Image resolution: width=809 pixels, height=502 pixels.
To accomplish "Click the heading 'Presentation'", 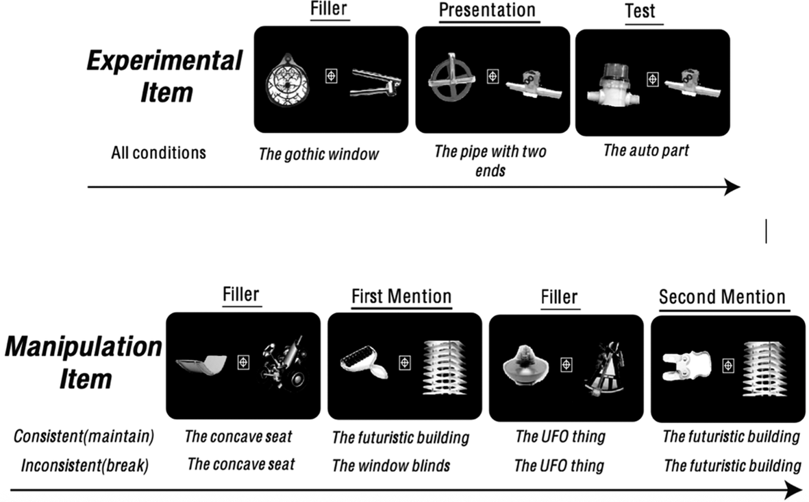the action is (x=487, y=10).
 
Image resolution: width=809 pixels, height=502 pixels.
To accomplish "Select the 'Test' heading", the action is (x=640, y=11).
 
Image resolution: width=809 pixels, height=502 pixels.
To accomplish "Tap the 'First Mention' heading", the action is (x=401, y=296).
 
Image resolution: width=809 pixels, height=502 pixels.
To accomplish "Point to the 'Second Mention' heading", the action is (x=722, y=297).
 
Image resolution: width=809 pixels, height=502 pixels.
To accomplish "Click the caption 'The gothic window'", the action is (x=319, y=154).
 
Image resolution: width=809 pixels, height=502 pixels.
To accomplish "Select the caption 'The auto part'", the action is (x=646, y=150).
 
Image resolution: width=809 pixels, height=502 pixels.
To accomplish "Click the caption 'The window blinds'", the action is (x=391, y=466).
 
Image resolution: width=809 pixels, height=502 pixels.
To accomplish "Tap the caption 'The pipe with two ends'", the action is (x=490, y=160).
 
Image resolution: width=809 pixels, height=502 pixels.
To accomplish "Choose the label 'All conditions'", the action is (x=158, y=153).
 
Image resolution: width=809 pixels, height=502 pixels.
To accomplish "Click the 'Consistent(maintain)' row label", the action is (x=84, y=436).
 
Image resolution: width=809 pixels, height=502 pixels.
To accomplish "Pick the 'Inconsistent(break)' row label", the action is (x=85, y=466).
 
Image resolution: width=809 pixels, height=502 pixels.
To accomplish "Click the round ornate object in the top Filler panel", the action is (x=288, y=80).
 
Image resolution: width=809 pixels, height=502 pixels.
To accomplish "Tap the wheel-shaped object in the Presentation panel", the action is (x=451, y=77).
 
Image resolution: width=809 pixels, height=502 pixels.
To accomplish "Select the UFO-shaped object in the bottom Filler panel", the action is (x=524, y=365).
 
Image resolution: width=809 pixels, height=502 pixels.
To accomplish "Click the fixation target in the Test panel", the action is (x=653, y=80).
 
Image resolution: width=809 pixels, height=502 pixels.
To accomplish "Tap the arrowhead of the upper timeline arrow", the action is (x=732, y=187).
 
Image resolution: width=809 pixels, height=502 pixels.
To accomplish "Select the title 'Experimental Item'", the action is (x=165, y=76).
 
